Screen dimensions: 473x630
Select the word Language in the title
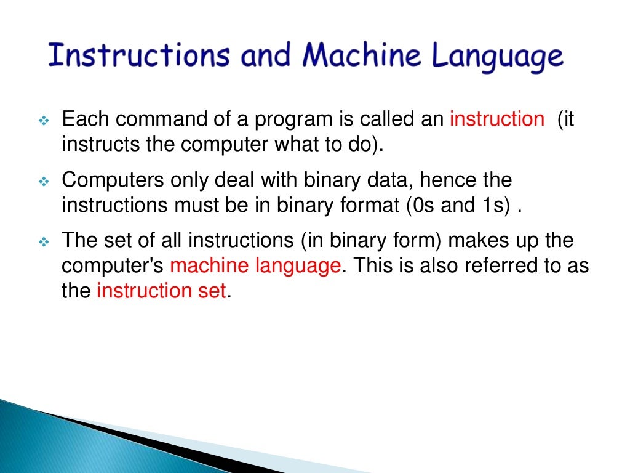[x=498, y=57]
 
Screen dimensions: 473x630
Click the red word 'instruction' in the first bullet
[x=497, y=118]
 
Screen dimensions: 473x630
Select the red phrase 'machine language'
[x=255, y=265]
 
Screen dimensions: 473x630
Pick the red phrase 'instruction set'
[x=161, y=290]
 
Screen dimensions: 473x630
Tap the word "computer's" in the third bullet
[x=113, y=266]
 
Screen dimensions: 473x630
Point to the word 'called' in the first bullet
[x=388, y=118]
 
